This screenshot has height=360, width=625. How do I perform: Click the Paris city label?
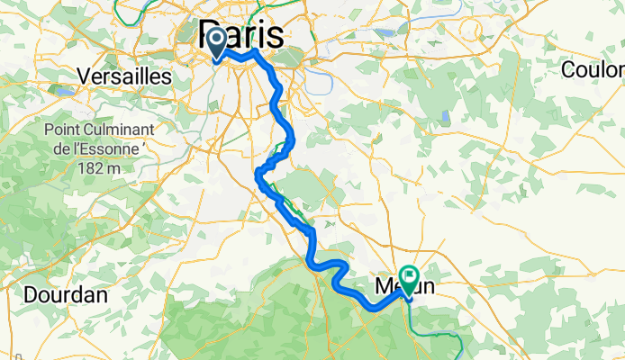point(240,35)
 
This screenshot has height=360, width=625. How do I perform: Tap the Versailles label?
point(125,76)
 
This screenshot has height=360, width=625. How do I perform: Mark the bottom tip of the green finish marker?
point(410,297)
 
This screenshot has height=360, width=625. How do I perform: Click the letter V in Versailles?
point(85,76)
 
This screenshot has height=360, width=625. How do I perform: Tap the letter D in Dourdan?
point(29,294)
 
